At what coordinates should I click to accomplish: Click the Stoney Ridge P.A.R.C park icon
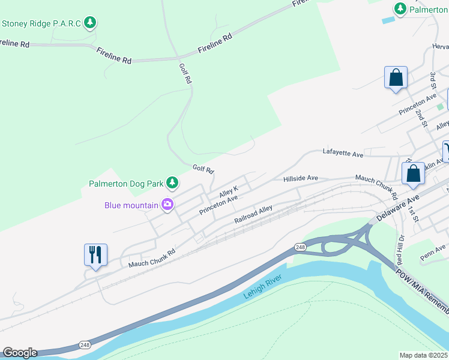[x=90, y=23]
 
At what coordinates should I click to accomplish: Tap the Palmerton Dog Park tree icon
[x=172, y=182]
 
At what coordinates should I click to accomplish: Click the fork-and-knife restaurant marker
[x=95, y=255]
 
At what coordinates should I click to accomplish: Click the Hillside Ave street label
[x=300, y=178]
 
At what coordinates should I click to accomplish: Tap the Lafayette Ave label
[x=343, y=154]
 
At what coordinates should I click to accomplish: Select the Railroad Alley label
[x=253, y=214]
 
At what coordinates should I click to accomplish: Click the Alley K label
[x=229, y=191]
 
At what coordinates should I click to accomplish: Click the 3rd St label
[x=433, y=80]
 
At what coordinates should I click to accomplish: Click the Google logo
[x=20, y=353]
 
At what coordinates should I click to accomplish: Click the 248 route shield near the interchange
[x=300, y=247]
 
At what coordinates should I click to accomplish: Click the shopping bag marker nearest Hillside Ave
[x=414, y=174]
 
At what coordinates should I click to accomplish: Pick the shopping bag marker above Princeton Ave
[x=396, y=78]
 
